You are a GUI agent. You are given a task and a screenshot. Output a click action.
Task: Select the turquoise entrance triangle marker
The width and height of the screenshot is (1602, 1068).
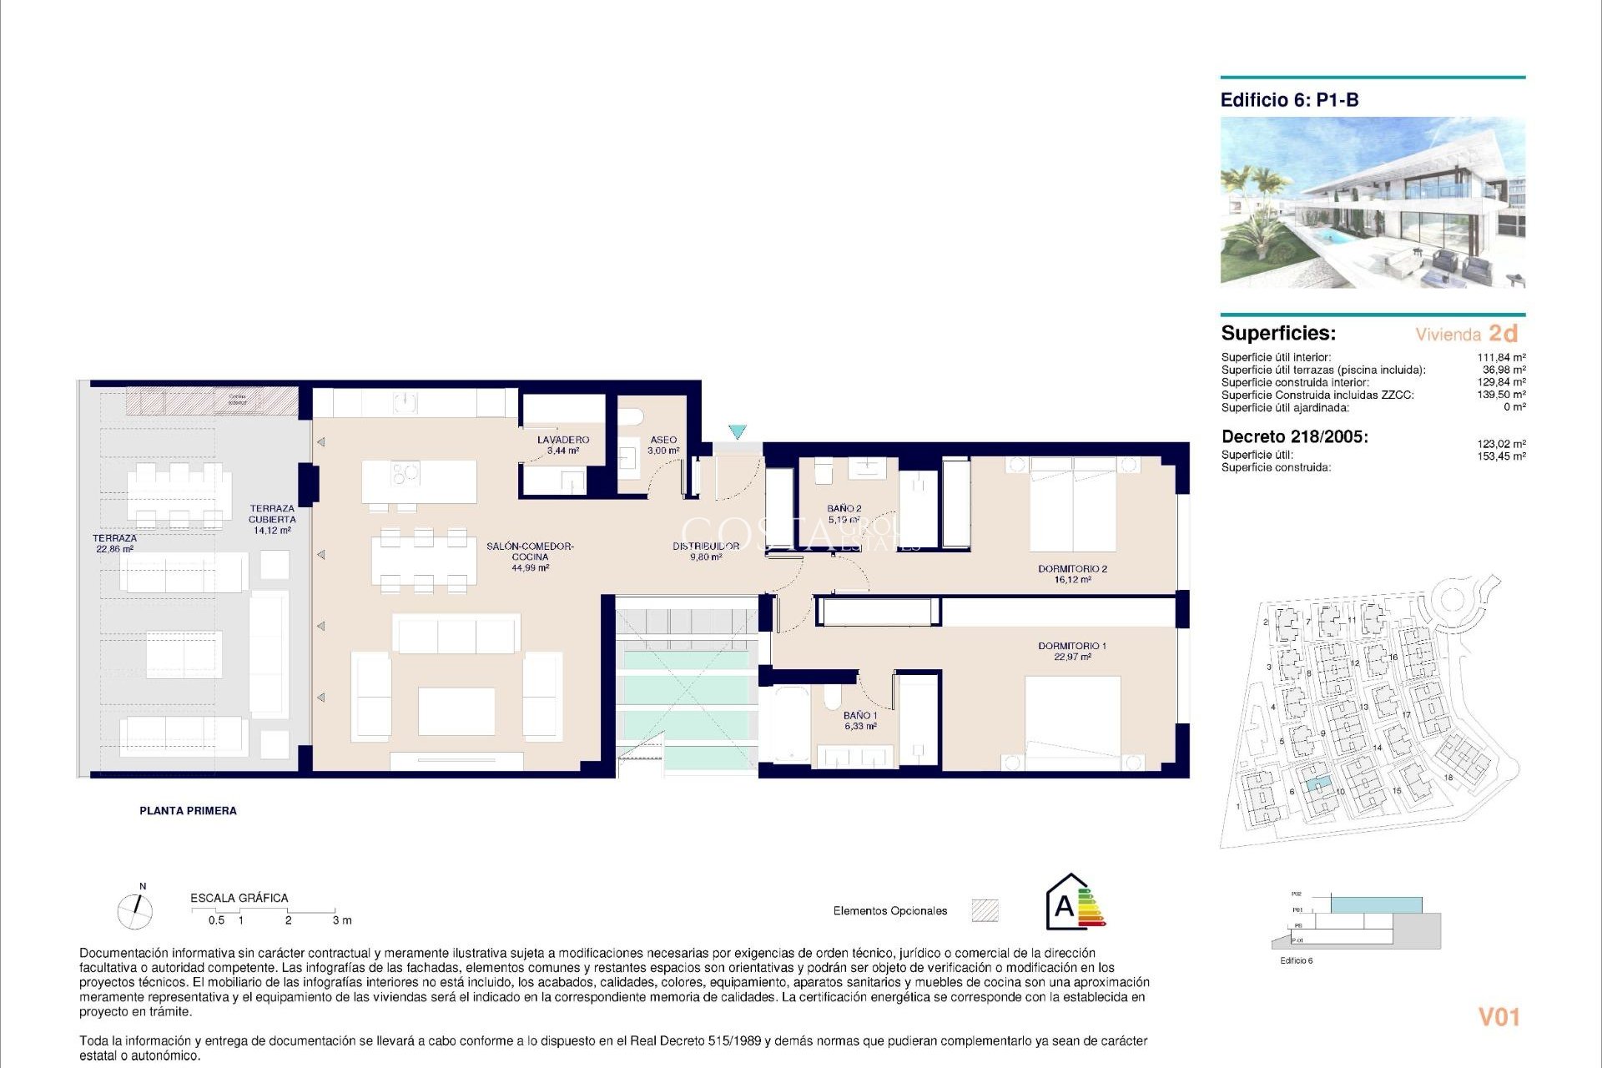click(737, 431)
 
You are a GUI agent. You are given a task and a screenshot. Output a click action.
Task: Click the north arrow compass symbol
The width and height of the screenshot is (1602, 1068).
click(135, 910)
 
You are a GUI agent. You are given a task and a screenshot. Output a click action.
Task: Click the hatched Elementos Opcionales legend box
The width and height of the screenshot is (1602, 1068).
click(985, 910)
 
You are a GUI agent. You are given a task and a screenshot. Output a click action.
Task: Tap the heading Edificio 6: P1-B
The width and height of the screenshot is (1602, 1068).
click(1289, 100)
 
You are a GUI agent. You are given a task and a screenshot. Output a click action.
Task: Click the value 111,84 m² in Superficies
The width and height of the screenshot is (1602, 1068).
click(1501, 358)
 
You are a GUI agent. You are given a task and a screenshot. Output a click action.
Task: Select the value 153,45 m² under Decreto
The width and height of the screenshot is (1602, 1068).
click(1501, 456)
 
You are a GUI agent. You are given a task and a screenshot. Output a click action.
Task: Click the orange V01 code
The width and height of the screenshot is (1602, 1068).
click(1499, 1017)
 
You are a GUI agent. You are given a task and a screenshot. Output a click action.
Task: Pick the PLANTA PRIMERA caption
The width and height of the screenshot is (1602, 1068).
click(188, 811)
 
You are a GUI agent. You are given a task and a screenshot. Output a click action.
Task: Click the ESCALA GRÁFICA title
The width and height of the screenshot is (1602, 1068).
click(239, 898)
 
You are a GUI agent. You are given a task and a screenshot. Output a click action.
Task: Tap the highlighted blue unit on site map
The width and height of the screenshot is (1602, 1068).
click(1317, 784)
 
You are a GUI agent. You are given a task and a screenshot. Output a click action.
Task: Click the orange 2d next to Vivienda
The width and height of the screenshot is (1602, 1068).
click(1503, 334)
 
